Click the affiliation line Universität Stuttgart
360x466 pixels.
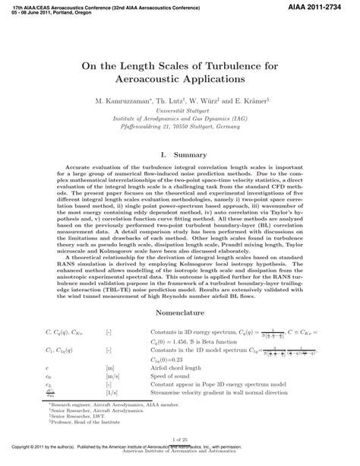tap(180, 111)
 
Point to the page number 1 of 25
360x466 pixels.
tap(180, 439)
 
